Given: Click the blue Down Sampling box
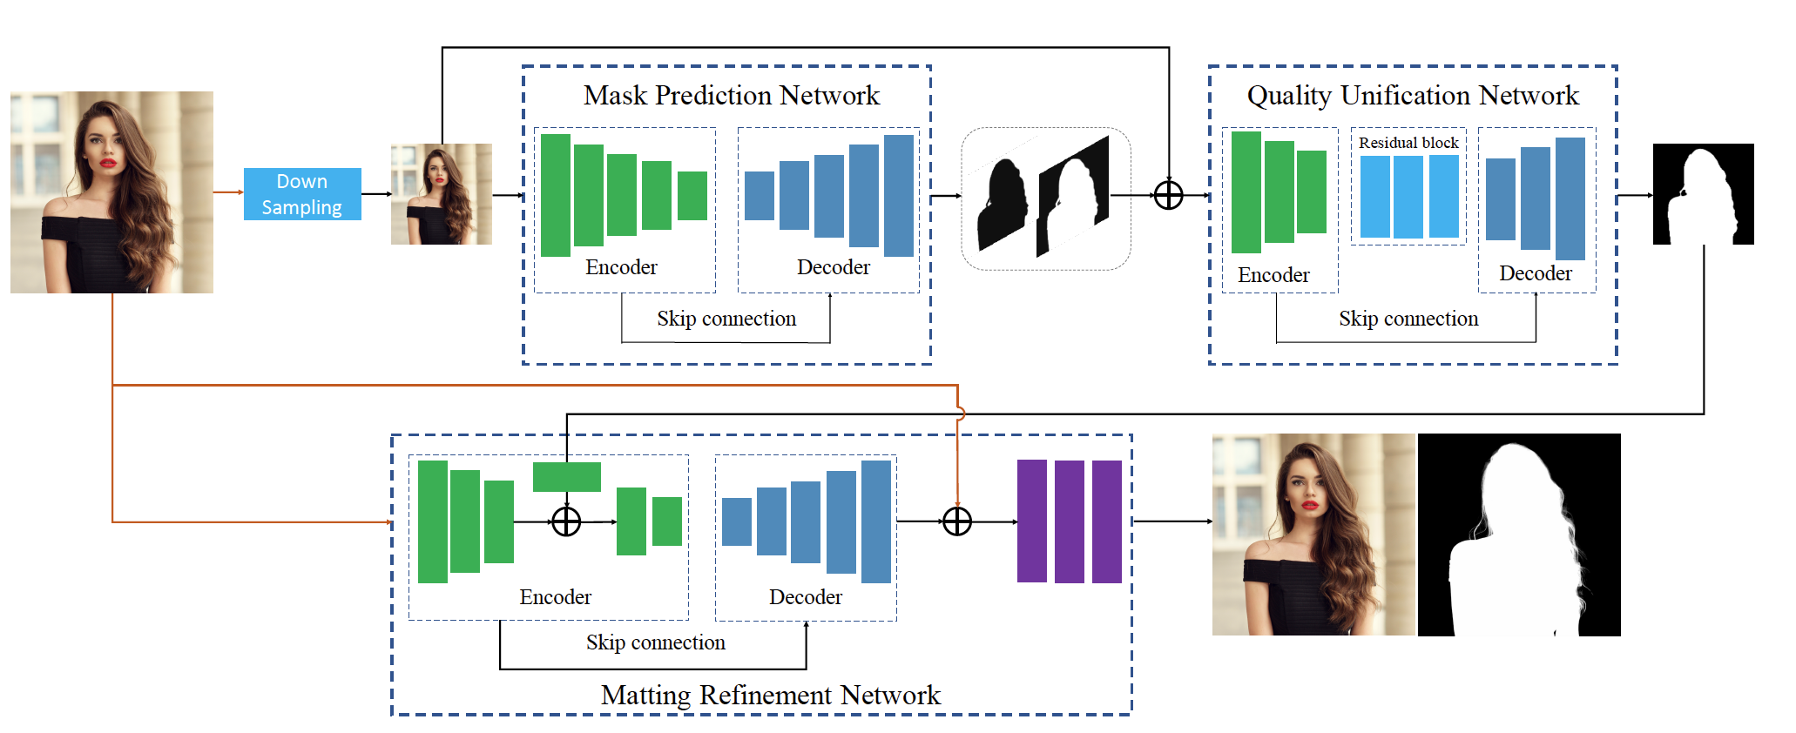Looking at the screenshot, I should (x=302, y=194).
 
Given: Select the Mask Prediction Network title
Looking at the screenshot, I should (x=731, y=95).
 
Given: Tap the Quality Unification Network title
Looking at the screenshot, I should (x=1412, y=95).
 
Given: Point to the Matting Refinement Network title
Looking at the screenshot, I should (x=770, y=695).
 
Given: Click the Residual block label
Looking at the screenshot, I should (x=1408, y=143).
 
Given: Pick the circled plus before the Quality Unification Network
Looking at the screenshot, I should (x=1168, y=195).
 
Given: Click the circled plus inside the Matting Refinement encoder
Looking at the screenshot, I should (x=566, y=521).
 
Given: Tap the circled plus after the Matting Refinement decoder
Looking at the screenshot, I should (x=956, y=521).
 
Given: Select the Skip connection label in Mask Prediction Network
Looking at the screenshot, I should (x=726, y=319).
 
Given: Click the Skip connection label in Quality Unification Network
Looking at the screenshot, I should (x=1408, y=319).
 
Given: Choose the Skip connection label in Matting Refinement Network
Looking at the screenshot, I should (x=655, y=642).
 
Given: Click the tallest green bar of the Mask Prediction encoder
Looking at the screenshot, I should (x=556, y=195).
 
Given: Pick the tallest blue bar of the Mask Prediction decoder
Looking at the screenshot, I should (x=898, y=195).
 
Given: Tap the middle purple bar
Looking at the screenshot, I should (x=1069, y=521).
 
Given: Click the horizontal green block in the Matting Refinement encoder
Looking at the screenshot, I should (x=566, y=477).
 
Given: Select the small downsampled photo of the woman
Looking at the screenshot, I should (x=441, y=194).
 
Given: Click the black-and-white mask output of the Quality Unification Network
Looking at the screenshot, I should (x=1703, y=194).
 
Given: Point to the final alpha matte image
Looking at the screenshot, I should (x=1519, y=535).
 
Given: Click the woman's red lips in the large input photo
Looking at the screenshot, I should (x=107, y=163).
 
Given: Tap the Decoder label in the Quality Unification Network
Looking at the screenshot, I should (x=1535, y=273).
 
